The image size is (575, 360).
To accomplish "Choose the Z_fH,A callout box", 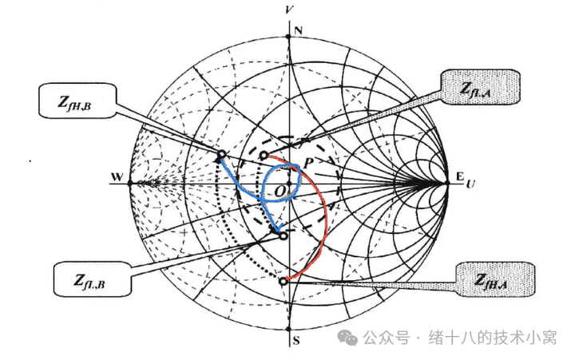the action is point(495,279).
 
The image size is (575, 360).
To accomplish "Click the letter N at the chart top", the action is point(298,30).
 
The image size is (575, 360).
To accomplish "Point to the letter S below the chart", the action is point(296,342).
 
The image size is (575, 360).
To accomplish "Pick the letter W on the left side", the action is point(117,177).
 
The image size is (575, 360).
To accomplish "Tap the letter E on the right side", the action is point(458,177).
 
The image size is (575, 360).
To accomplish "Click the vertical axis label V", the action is point(287,9).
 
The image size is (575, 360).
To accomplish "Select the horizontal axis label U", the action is point(471,184).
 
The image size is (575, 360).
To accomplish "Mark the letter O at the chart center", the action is point(278,192).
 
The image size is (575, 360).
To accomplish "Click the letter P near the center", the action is point(308,162).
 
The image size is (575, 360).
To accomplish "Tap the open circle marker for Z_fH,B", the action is point(221,154).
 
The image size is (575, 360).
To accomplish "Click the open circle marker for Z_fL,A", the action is point(264,155).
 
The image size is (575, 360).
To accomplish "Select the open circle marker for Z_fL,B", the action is point(283,235).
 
